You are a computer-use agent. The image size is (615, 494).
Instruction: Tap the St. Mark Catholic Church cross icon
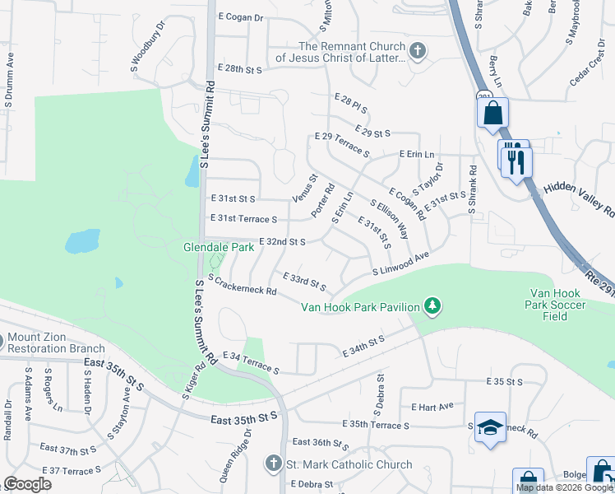pyautogui.click(x=274, y=464)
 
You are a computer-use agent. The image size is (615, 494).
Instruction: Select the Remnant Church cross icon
pyautogui.click(x=418, y=51)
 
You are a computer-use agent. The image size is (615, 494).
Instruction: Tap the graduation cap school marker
pyautogui.click(x=490, y=427)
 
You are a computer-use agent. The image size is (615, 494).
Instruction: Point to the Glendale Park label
pyautogui.click(x=218, y=247)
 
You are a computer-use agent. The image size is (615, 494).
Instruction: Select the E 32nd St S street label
pyautogui.click(x=282, y=241)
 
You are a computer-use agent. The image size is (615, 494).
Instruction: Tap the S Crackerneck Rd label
pyautogui.click(x=242, y=286)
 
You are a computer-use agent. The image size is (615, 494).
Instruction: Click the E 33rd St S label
pyautogui.click(x=304, y=282)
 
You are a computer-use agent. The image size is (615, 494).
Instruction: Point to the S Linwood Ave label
pyautogui.click(x=401, y=264)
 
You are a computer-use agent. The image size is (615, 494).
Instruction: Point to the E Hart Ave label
pyautogui.click(x=432, y=407)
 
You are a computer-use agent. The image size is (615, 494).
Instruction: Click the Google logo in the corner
pyautogui.click(x=27, y=484)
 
